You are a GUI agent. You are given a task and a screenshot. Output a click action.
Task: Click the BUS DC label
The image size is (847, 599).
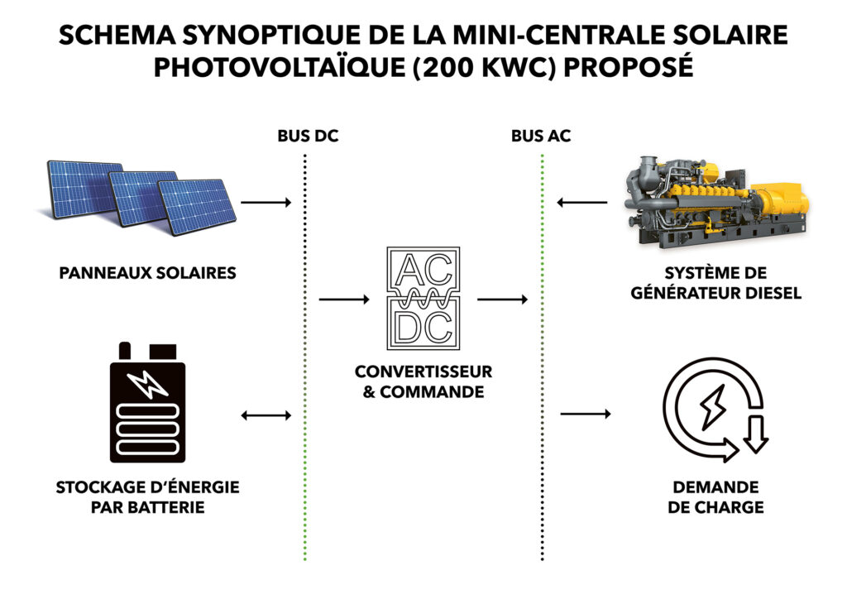tap(308, 136)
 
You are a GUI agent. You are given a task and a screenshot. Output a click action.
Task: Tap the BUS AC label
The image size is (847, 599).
tap(541, 136)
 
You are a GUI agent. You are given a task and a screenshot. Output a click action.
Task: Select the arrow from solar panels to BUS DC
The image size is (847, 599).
tap(266, 203)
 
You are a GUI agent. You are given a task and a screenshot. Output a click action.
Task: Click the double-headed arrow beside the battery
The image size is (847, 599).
tap(266, 415)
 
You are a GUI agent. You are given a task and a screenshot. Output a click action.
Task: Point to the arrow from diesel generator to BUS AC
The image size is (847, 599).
tap(581, 203)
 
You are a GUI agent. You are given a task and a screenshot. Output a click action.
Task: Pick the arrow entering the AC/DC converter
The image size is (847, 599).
tap(344, 299)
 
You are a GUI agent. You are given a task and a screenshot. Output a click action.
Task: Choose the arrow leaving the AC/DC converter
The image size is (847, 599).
tap(502, 299)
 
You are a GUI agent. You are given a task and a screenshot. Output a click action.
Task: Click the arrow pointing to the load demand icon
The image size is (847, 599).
tap(586, 414)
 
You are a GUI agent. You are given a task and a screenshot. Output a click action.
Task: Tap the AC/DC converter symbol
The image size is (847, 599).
tap(423, 298)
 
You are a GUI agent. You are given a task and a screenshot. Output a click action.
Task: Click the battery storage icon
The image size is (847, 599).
tap(147, 402)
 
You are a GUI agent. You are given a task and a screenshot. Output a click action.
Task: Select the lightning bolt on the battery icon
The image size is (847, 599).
tap(147, 384)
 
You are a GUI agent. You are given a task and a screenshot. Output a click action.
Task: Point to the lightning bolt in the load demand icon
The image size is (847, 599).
tap(712, 407)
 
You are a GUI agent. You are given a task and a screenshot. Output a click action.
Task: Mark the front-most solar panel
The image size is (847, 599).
tap(197, 207)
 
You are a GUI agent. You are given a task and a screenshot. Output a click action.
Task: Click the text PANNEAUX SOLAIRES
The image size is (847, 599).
tap(147, 273)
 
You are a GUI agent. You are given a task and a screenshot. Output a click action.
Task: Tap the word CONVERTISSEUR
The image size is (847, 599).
tap(423, 371)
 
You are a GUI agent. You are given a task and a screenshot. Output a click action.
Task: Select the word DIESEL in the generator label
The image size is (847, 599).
tap(773, 293)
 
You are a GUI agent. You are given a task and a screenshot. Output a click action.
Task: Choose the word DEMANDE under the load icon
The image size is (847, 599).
tap(715, 487)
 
